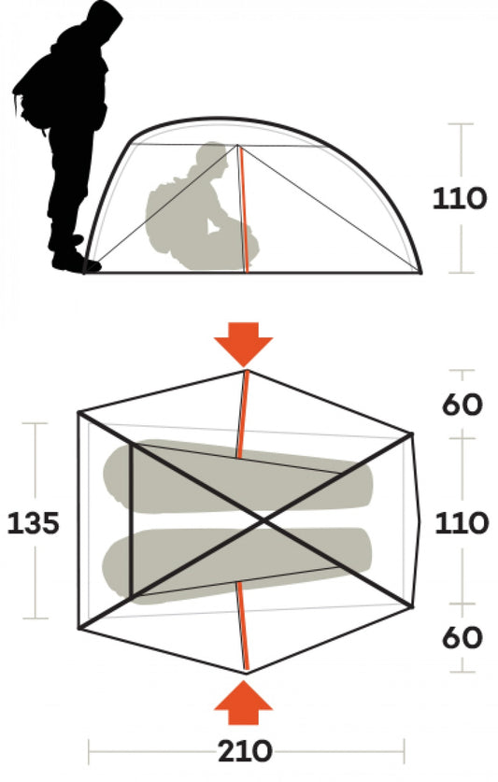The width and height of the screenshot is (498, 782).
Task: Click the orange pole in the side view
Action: tap(243, 209)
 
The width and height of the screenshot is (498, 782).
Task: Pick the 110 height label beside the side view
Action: tap(459, 198)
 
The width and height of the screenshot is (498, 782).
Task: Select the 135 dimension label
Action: tap(33, 523)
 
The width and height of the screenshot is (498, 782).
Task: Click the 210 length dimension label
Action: tap(245, 751)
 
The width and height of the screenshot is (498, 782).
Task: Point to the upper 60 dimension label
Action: tap(462, 405)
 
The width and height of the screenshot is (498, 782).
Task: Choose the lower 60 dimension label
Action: tap(462, 637)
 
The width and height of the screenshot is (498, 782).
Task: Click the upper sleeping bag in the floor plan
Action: tap(237, 477)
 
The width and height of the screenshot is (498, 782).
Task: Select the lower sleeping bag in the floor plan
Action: tap(237, 565)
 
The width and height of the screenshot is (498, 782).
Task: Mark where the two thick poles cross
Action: tap(263, 521)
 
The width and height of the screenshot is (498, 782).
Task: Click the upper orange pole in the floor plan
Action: tap(243, 415)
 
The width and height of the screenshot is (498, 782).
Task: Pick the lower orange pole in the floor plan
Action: tap(243, 625)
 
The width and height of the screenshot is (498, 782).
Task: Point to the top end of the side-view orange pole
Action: tap(238, 146)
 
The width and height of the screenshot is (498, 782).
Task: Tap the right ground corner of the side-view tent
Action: tap(420, 273)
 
